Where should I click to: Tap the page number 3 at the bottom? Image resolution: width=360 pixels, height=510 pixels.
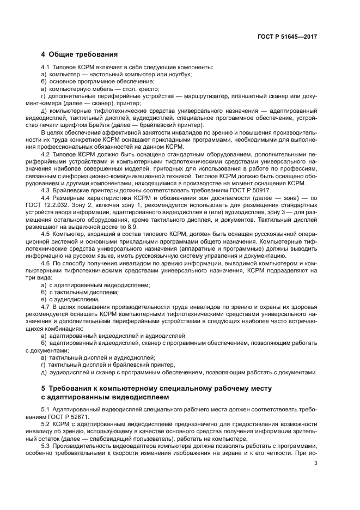(x=315, y=464)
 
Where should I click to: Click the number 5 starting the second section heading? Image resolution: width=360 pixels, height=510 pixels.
(x=44, y=388)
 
